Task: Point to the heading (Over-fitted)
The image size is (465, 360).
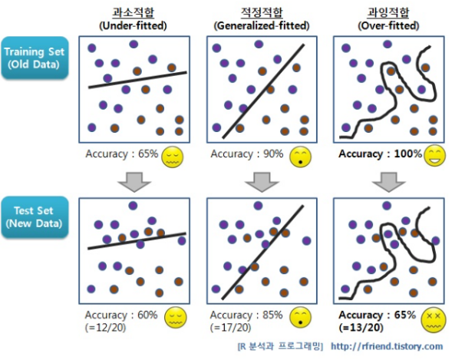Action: click(x=387, y=25)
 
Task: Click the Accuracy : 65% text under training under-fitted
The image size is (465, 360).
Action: click(x=122, y=154)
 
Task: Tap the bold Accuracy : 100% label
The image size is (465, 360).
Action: click(x=380, y=154)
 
